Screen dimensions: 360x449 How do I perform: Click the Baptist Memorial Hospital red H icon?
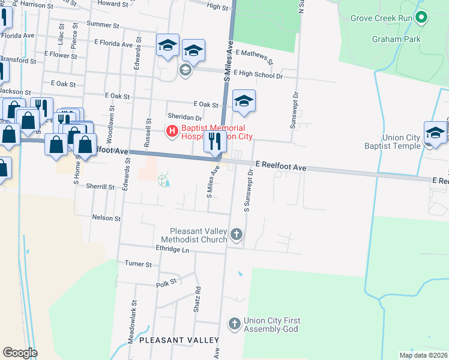[172, 130]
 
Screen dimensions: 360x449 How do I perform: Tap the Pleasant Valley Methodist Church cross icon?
[237, 234]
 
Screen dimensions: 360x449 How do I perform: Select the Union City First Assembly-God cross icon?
[234, 324]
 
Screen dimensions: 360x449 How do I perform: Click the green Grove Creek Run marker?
[421, 17]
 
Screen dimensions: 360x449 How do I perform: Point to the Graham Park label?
[396, 40]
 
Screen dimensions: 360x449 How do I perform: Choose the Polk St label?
[167, 283]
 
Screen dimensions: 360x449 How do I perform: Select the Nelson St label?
[106, 218]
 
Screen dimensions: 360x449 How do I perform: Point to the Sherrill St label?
[100, 187]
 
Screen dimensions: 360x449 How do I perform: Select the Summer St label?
[103, 25]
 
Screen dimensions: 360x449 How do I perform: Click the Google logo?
[20, 353]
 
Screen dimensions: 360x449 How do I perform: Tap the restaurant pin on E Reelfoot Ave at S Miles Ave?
[215, 143]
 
